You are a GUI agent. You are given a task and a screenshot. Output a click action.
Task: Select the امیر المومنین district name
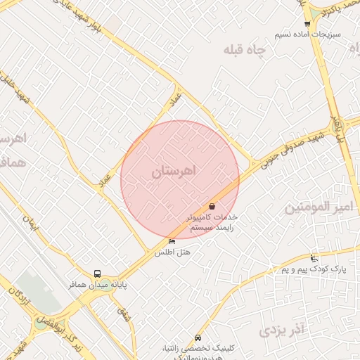[317, 207]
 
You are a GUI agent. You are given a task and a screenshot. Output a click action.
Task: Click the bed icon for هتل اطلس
[172, 242]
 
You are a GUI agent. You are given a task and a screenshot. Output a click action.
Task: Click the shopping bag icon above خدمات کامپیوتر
[212, 206]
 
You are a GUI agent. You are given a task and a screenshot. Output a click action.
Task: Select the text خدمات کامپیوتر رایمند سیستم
[212, 222]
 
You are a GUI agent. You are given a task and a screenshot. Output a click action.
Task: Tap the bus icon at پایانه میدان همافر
[96, 274]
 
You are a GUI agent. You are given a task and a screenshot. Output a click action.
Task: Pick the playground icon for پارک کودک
[314, 258]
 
